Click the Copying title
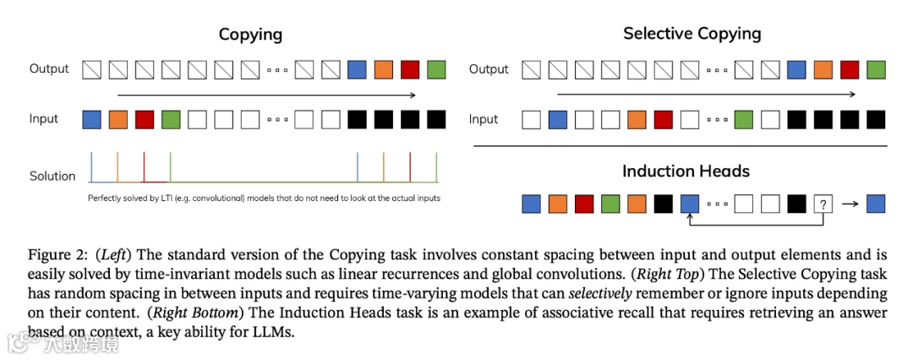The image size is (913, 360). (x=250, y=35)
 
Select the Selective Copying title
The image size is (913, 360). (x=692, y=34)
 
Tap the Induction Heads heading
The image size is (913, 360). (x=686, y=171)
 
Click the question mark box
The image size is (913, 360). (x=823, y=204)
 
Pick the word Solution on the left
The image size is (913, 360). (x=52, y=176)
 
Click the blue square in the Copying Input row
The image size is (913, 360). (x=91, y=119)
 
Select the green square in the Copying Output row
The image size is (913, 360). (x=436, y=69)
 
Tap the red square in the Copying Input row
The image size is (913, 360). (x=145, y=119)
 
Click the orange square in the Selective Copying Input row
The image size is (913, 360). (x=637, y=119)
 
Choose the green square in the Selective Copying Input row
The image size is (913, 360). (x=743, y=119)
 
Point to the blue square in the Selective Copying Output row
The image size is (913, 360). (x=796, y=69)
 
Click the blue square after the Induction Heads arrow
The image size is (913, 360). (x=876, y=204)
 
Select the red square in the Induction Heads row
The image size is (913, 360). (x=584, y=204)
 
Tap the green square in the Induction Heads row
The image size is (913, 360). (x=610, y=204)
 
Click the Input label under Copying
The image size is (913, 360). (x=44, y=119)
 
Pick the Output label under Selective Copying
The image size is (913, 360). (x=489, y=69)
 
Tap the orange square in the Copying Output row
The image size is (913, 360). (x=384, y=69)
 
